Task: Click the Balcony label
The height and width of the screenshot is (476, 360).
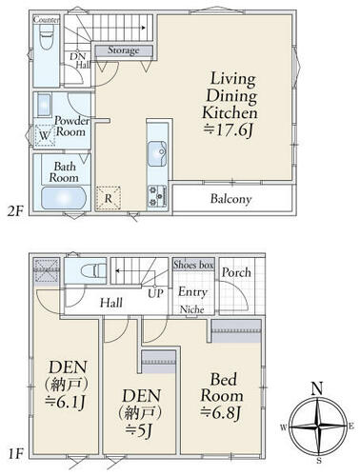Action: coord(230,199)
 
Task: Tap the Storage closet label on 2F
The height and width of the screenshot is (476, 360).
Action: coord(123,50)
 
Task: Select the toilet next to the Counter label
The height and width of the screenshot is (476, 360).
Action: coord(46,36)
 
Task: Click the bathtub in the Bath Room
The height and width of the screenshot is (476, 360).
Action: coord(64,198)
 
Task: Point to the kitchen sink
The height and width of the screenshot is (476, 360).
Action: coord(157,153)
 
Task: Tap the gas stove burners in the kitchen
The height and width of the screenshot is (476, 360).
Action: coord(157,196)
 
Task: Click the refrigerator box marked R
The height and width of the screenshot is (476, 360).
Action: coord(109,198)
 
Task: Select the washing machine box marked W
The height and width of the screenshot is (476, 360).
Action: coord(45,135)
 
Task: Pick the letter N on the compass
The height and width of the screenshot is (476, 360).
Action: coord(317,388)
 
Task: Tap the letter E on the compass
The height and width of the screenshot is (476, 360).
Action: coord(351,426)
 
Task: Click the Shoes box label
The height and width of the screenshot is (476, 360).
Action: coord(193,265)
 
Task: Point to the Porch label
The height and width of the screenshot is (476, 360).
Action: coord(236,272)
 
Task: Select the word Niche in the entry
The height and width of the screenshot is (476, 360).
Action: coord(191,309)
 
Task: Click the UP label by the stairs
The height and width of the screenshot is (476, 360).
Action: coord(155,293)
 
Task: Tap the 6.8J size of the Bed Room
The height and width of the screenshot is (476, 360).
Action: coord(221,413)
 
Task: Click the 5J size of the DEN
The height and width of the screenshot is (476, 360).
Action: coord(139,430)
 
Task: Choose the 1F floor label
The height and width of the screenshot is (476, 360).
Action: coord(15,455)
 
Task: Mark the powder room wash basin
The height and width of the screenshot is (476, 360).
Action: coord(44,105)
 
